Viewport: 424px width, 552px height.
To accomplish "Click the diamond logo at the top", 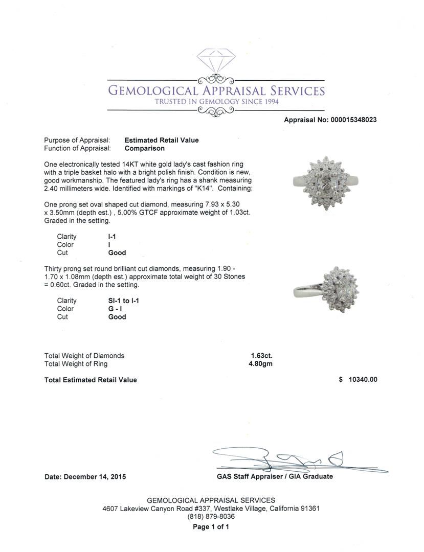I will [x=215, y=60].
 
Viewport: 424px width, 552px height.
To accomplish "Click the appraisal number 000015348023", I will [x=352, y=120].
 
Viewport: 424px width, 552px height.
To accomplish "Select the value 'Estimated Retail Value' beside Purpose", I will [x=162, y=140].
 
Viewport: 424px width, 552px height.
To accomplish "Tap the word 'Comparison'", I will [x=145, y=148].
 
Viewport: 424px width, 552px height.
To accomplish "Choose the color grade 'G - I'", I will [x=115, y=309].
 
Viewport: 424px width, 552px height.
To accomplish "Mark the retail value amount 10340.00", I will [x=363, y=380].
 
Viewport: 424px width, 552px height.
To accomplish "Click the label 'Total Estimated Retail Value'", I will [x=91, y=380].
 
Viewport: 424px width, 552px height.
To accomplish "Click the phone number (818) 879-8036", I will [x=211, y=517].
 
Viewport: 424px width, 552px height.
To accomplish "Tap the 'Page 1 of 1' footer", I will [x=211, y=527].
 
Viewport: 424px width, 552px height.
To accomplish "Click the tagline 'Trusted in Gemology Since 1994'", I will [x=216, y=102].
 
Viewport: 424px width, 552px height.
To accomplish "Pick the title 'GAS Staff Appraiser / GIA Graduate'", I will [x=275, y=476].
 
